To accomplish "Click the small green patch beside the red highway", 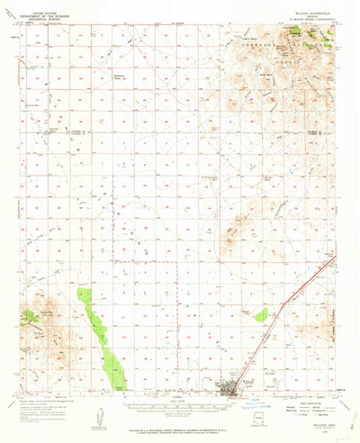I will (260, 314).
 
